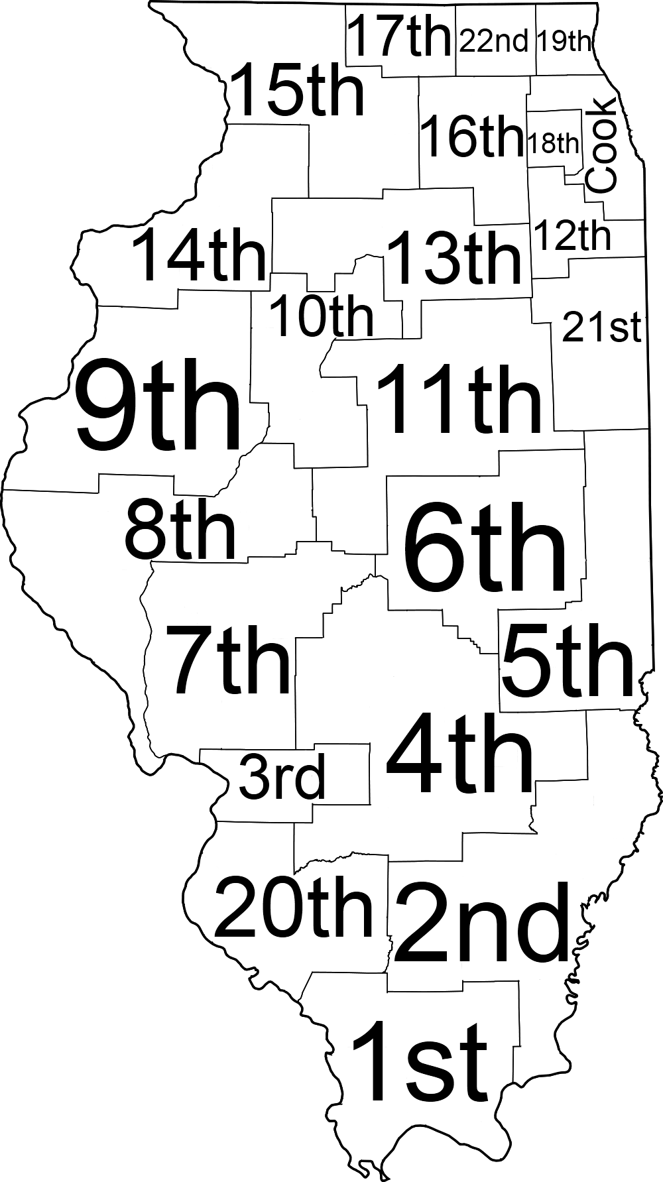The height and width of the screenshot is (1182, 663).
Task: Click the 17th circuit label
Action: pyautogui.click(x=399, y=37)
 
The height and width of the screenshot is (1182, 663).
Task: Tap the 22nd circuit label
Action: pyautogui.click(x=494, y=41)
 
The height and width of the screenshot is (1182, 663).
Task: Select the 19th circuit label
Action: pyautogui.click(x=564, y=41)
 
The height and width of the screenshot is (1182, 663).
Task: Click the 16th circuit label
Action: pyautogui.click(x=472, y=137)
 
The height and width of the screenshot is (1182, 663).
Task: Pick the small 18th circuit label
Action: pyautogui.click(x=553, y=142)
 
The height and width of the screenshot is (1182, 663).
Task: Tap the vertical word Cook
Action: pyautogui.click(x=603, y=146)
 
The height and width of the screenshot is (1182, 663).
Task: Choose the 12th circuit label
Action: pyautogui.click(x=572, y=236)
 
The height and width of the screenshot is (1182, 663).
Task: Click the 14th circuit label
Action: pyautogui.click(x=200, y=255)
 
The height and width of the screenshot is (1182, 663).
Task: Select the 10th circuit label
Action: pyautogui.click(x=322, y=317)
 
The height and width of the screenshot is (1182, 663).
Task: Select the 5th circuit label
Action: pyautogui.click(x=567, y=661)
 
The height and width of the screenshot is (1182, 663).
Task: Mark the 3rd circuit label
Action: pyautogui.click(x=282, y=778)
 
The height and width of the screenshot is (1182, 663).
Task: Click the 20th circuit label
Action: pyautogui.click(x=294, y=907)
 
